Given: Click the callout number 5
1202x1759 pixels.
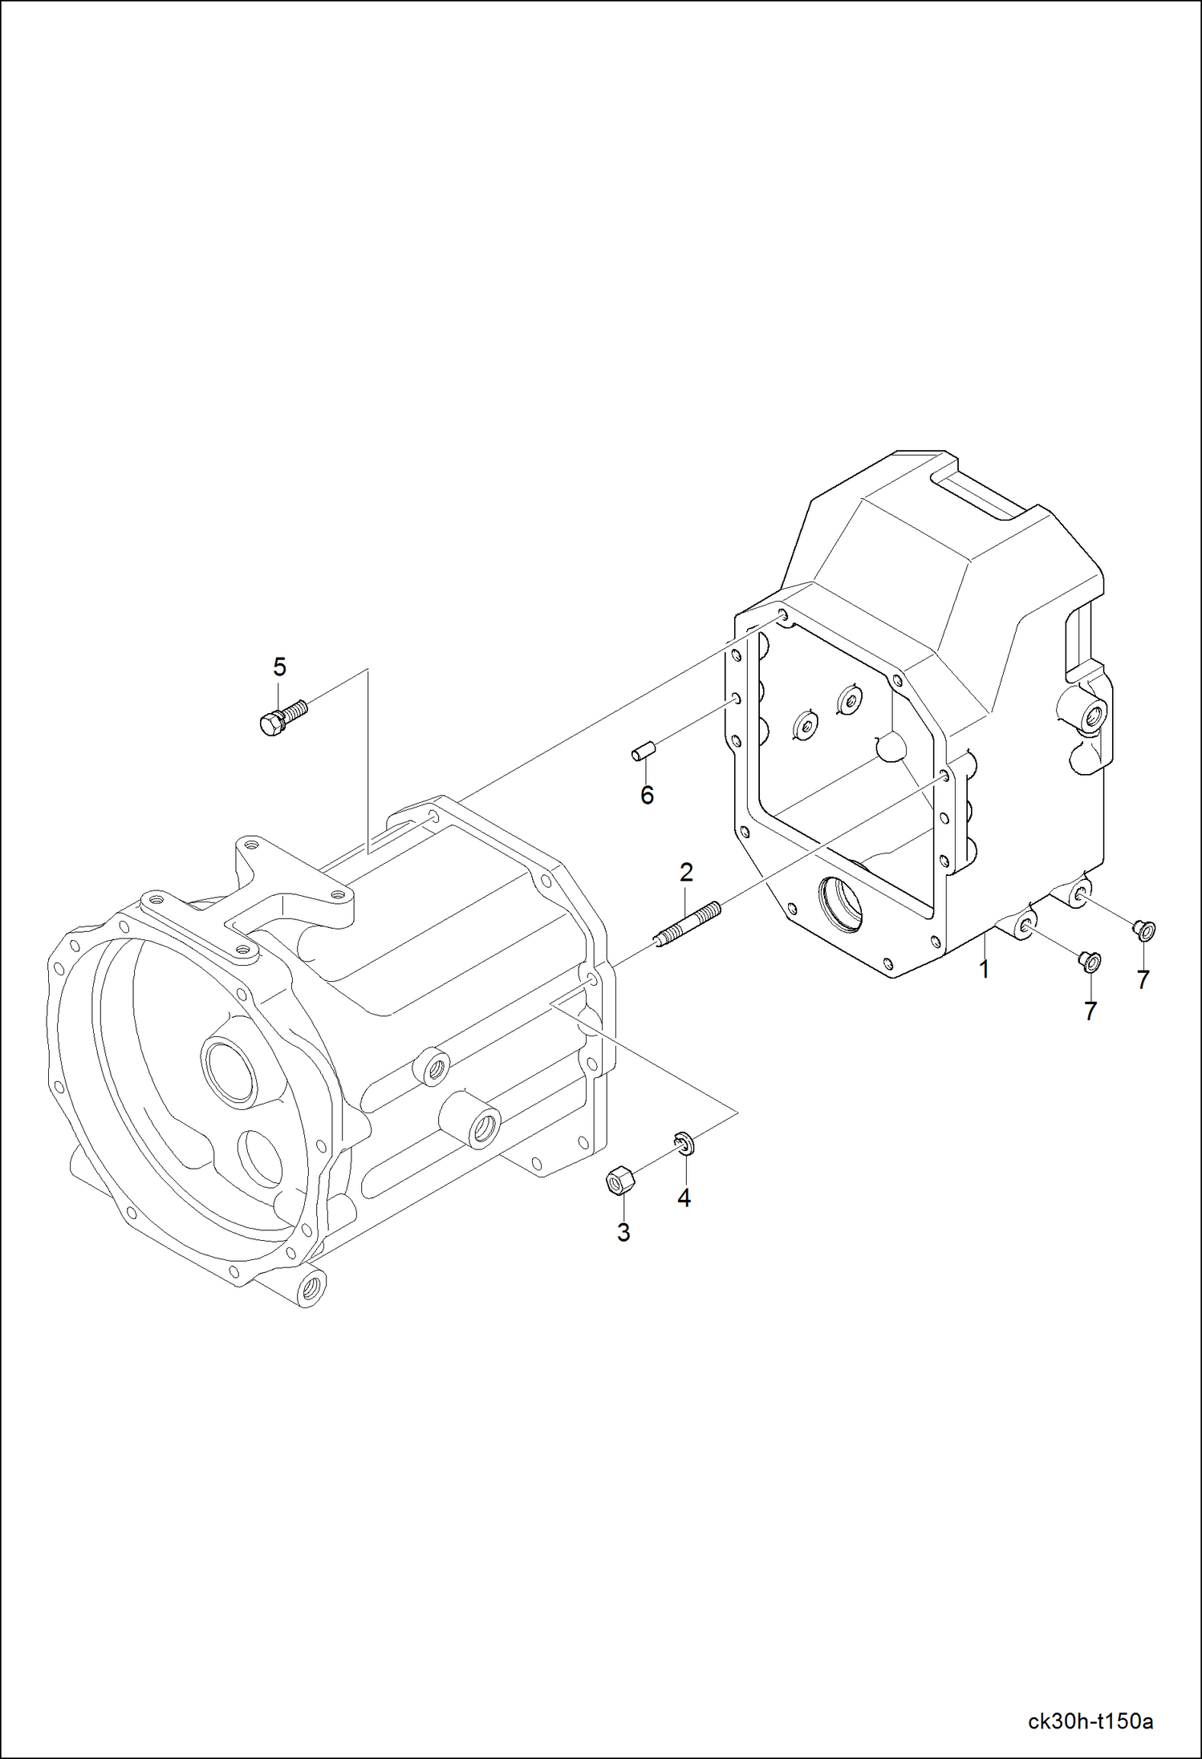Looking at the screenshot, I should coord(279,667).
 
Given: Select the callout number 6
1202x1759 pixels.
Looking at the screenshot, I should coord(647,795).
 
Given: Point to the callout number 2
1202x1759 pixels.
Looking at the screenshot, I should coord(686,872).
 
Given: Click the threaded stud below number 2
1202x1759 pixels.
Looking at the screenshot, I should coord(688,923).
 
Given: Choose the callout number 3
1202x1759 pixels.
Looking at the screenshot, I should coord(623,1233).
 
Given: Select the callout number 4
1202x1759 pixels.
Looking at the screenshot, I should coord(684,1198).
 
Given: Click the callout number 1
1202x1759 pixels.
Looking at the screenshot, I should coord(984,969).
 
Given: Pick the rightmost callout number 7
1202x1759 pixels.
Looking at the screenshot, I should coord(1143,979).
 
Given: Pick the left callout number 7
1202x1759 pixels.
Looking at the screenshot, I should coord(1090,1012).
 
